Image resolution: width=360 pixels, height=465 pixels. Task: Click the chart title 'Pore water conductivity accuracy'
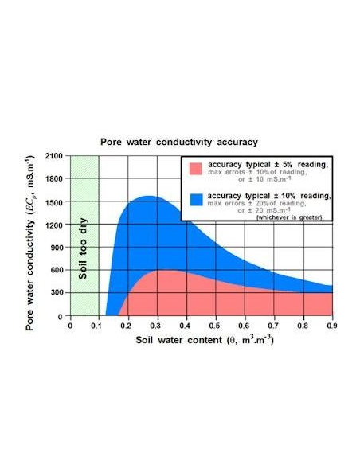tap(178, 142)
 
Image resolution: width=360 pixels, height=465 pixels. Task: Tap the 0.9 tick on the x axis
tap(331, 325)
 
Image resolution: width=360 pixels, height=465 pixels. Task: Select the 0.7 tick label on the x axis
tap(273, 325)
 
